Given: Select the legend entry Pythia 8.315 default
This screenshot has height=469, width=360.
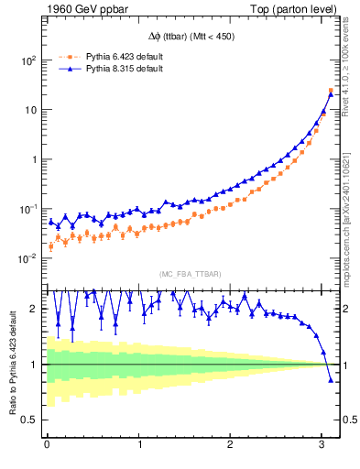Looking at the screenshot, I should point(124,69).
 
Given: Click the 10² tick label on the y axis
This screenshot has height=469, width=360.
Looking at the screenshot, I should point(28,60).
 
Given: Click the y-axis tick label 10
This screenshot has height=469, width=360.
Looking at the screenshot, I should point(30,110).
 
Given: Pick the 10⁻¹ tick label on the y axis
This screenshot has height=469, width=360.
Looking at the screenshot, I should point(28,209).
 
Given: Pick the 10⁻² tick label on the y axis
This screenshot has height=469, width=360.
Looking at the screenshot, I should point(28,258).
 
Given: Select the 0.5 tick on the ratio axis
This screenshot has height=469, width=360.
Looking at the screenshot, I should point(28,420).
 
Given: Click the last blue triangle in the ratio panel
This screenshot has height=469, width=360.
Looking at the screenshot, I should point(331,379).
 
